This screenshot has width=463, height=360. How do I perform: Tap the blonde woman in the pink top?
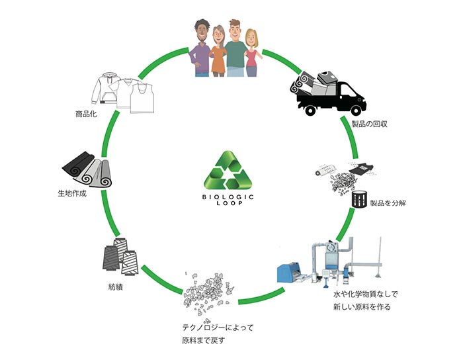(251, 56)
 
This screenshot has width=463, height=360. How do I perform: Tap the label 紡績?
(116, 288)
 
